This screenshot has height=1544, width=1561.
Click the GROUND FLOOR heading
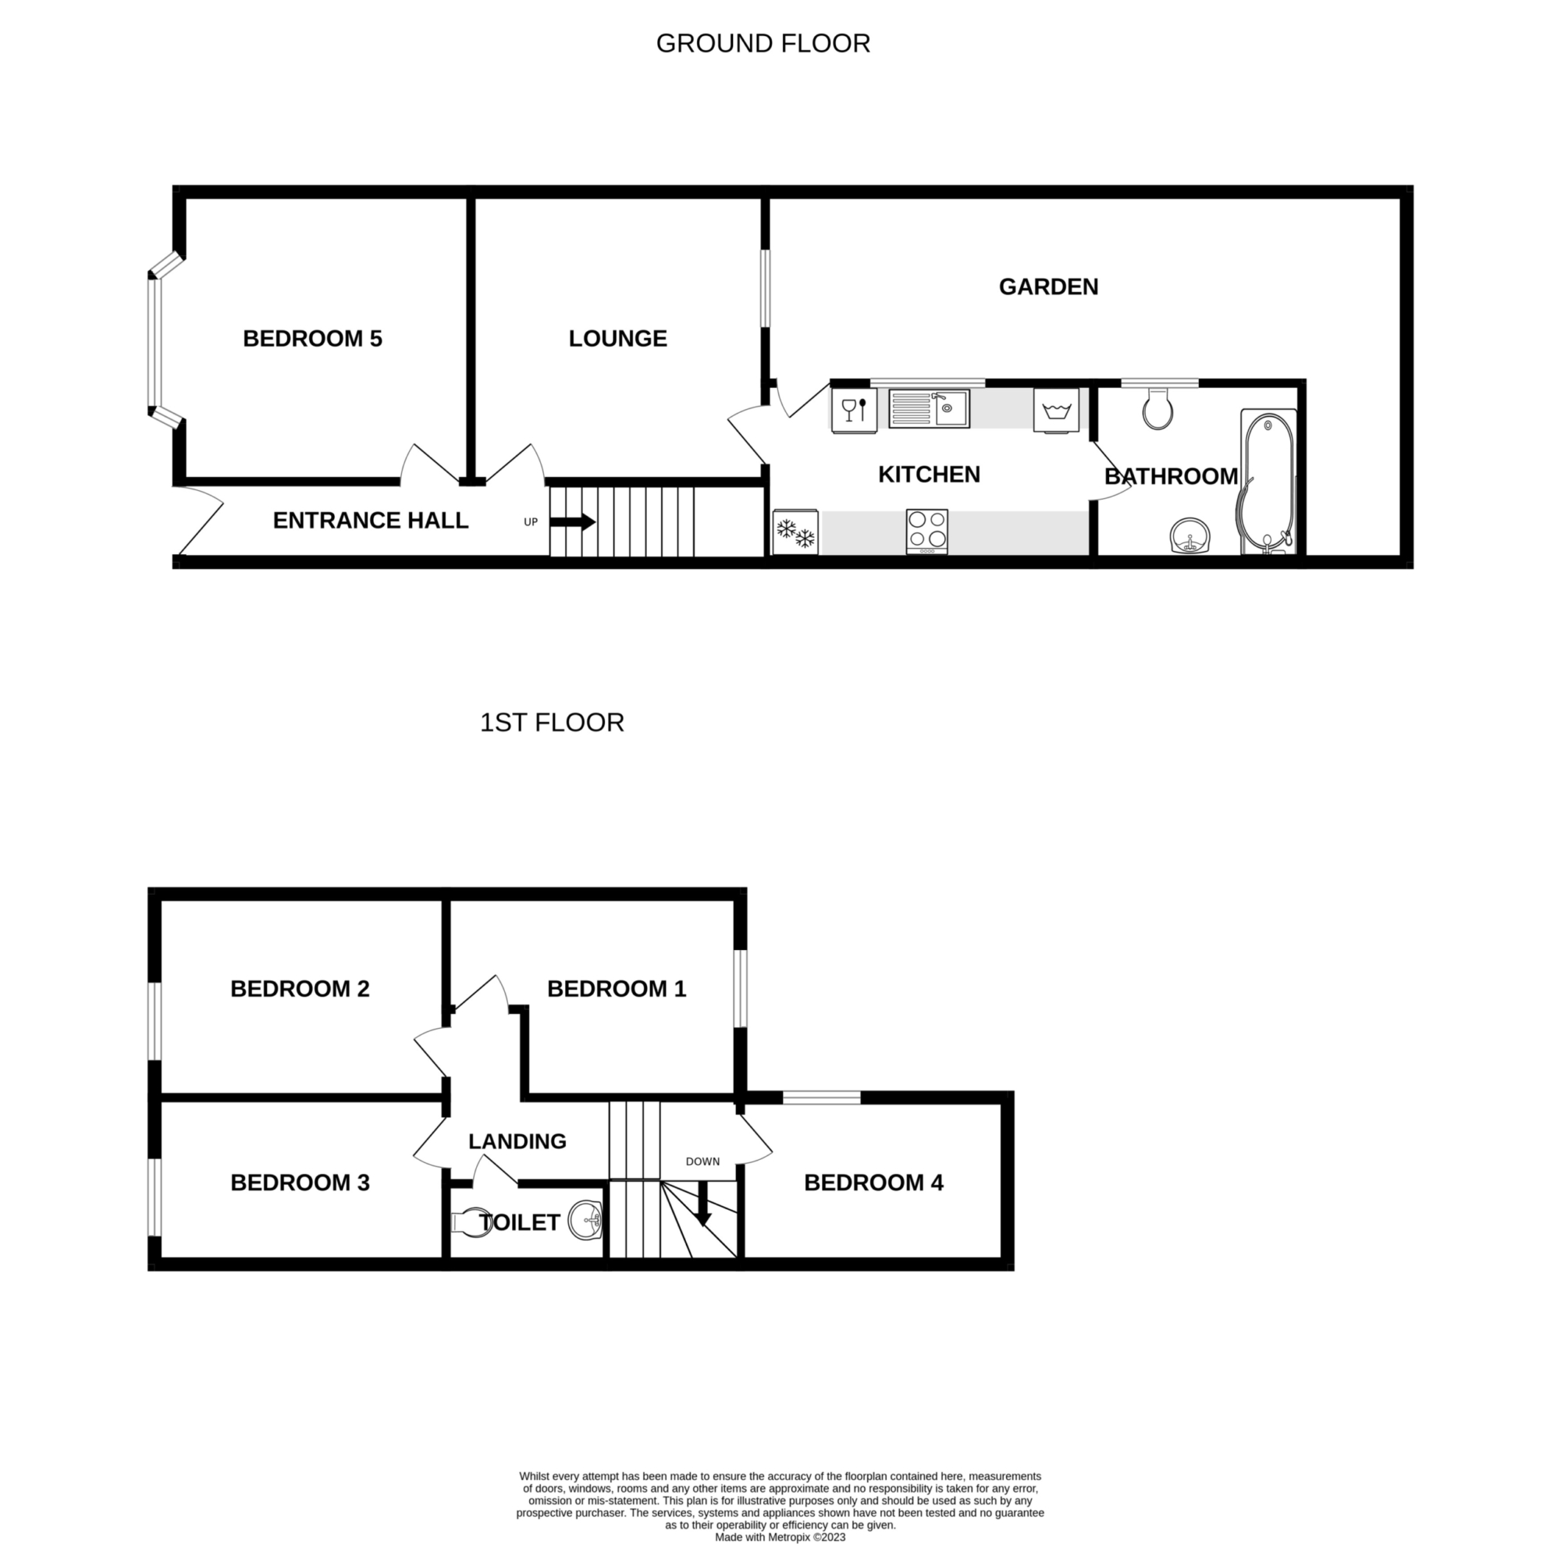coord(763,44)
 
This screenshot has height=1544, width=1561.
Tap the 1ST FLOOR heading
coord(552,722)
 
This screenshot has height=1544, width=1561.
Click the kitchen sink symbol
coord(928,408)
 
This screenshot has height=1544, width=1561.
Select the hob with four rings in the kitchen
coord(926,531)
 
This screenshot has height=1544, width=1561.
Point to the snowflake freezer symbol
coord(796,532)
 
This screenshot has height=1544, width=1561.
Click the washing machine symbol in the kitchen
coord(1055,411)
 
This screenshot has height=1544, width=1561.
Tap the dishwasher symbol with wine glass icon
coord(854,411)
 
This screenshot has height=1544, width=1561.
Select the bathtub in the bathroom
coord(1268,482)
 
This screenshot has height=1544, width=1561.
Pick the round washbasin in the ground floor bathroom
coord(1190,535)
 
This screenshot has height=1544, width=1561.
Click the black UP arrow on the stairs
coord(573,523)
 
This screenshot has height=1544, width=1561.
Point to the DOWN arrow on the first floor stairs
coord(703,1203)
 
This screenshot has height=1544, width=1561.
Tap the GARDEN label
coord(1049,286)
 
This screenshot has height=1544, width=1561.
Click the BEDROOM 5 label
coord(313,339)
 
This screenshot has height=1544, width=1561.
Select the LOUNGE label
coord(618,339)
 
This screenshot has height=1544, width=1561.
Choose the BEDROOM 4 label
coord(873,1183)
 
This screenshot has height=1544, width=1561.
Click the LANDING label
coord(517,1141)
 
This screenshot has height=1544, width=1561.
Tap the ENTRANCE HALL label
coord(371,521)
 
